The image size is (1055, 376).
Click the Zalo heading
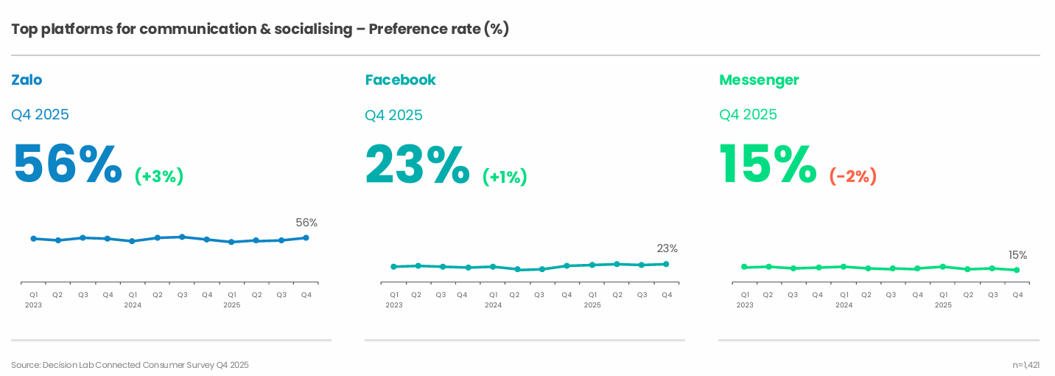[27, 80]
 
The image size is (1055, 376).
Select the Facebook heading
[400, 80]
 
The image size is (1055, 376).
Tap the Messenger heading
[759, 80]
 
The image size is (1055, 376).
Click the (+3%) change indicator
[159, 176]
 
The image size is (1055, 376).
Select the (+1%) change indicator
[505, 177]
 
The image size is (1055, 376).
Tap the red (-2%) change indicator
[853, 177]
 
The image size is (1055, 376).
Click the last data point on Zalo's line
[306, 237]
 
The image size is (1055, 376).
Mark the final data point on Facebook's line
[666, 264]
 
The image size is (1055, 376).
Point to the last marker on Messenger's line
[1017, 270]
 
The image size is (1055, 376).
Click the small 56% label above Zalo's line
[306, 223]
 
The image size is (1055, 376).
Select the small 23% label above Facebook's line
[667, 248]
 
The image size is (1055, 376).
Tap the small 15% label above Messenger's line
[1017, 255]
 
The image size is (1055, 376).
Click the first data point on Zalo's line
[34, 239]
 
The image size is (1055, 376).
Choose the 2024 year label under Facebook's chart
[493, 304]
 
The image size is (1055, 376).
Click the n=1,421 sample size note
[1026, 365]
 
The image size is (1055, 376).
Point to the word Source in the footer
[25, 365]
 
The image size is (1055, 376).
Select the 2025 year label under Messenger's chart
[943, 304]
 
